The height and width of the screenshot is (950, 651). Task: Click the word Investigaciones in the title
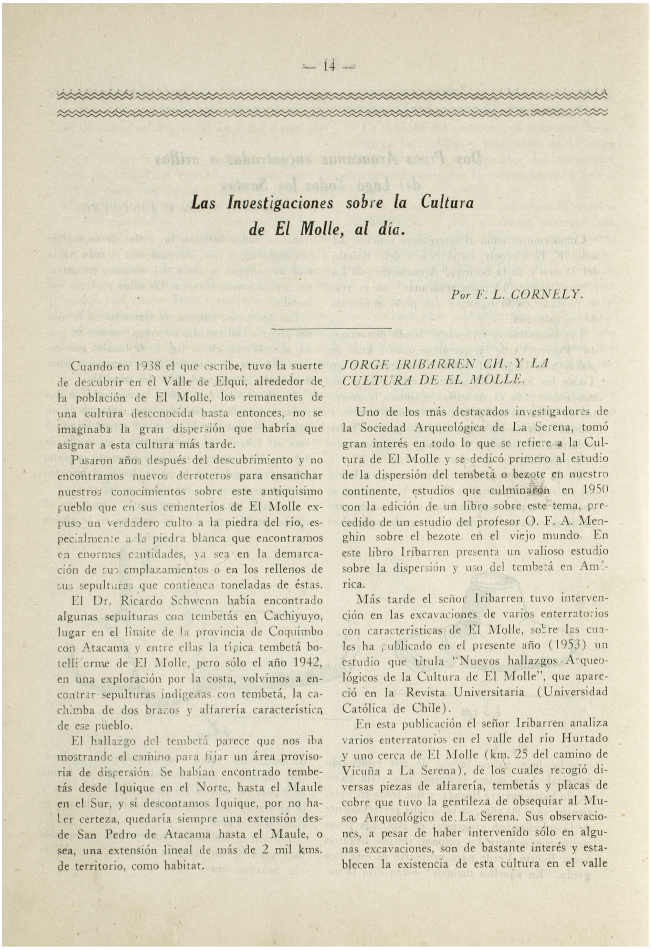[x=280, y=203]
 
